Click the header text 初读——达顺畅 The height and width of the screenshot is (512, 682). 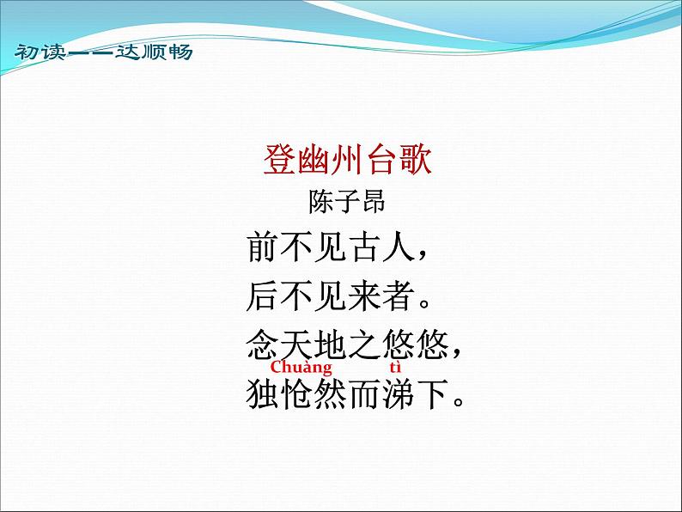103,52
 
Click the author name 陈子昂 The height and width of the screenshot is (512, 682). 347,204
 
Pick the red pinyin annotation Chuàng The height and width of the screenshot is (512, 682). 301,369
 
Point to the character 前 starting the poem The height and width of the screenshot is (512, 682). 263,248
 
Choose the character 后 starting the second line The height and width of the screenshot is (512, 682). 263,296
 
